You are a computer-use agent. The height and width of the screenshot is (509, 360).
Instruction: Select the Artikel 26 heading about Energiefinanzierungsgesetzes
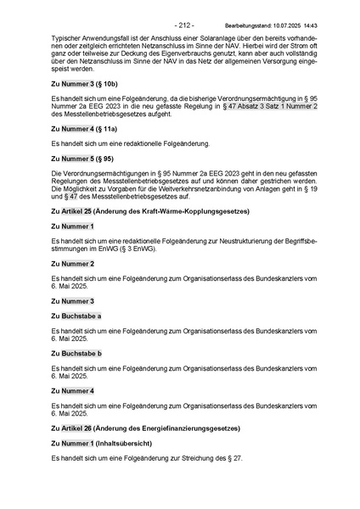point(145,428)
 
